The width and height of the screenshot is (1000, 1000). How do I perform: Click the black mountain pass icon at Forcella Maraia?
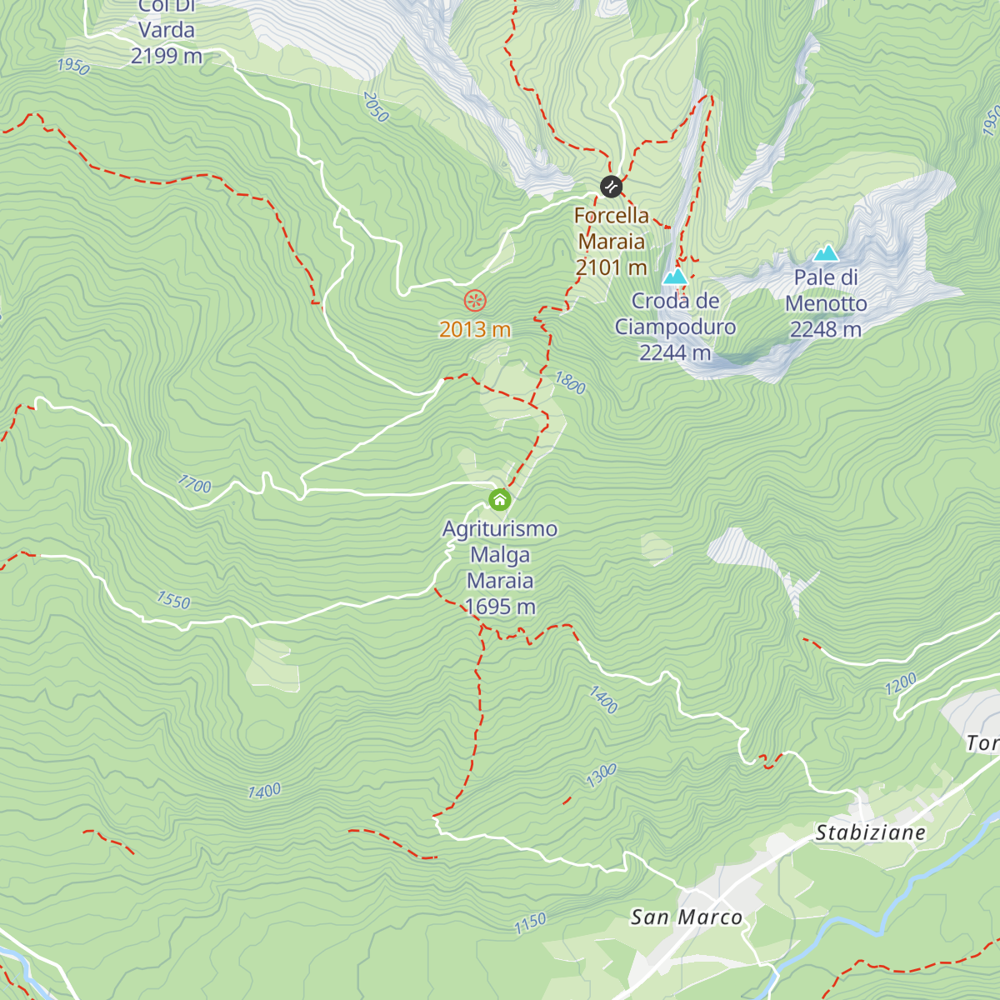pyautogui.click(x=611, y=186)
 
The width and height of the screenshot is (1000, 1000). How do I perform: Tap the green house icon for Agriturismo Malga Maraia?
pyautogui.click(x=499, y=500)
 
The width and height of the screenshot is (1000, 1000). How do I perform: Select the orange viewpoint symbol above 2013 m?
pyautogui.click(x=475, y=300)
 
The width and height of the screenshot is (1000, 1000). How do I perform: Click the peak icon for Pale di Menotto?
pyautogui.click(x=826, y=252)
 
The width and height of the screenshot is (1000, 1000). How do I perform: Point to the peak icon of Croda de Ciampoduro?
pyautogui.click(x=675, y=276)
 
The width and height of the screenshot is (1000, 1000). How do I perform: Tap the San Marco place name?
pyautogui.click(x=686, y=917)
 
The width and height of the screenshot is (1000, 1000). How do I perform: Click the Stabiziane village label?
pyautogui.click(x=870, y=832)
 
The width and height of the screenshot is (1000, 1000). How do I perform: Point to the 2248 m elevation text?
pyautogui.click(x=826, y=329)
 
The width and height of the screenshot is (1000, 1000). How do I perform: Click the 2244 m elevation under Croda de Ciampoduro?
pyautogui.click(x=675, y=352)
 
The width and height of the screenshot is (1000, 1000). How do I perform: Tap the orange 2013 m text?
pyautogui.click(x=475, y=329)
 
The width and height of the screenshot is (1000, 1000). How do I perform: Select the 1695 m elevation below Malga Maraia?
pyautogui.click(x=500, y=607)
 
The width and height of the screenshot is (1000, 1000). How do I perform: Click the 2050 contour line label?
pyautogui.click(x=376, y=107)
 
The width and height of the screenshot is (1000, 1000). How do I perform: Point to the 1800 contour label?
pyautogui.click(x=571, y=383)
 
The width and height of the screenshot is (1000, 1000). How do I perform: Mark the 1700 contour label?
pyautogui.click(x=195, y=484)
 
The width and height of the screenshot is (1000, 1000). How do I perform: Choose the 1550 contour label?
pyautogui.click(x=173, y=600)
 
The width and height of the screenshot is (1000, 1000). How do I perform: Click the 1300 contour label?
pyautogui.click(x=601, y=776)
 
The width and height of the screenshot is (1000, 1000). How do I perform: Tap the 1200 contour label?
pyautogui.click(x=901, y=684)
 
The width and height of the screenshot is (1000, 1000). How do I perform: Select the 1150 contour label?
pyautogui.click(x=530, y=923)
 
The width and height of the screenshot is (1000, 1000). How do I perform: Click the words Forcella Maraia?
pyautogui.click(x=612, y=228)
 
